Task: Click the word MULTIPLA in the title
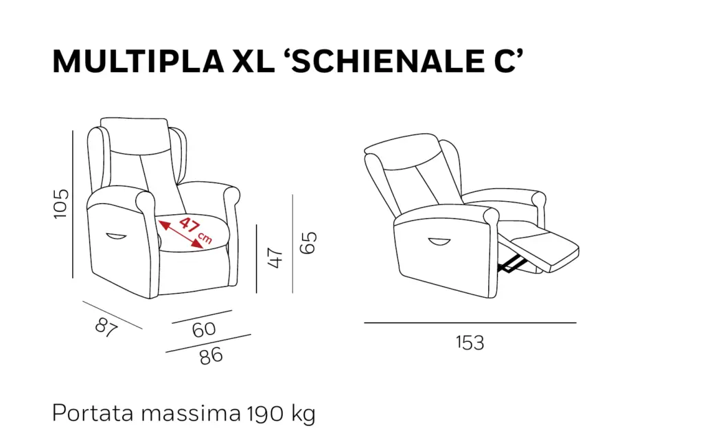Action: pos(138,61)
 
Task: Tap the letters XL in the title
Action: pos(253,61)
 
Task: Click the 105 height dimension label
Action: pos(61,204)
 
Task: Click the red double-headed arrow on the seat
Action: pos(181,234)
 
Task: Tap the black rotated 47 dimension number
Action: pos(275,258)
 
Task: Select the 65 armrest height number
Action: pos(308,243)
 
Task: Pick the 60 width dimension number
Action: pos(204,329)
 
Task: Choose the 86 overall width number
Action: pos(211,356)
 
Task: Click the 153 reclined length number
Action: pos(470,343)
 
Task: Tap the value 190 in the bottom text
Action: pos(266,413)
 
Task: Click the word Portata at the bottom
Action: pos(93,413)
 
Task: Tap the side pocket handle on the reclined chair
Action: pos(439,242)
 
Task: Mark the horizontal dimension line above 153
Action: pos(470,322)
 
